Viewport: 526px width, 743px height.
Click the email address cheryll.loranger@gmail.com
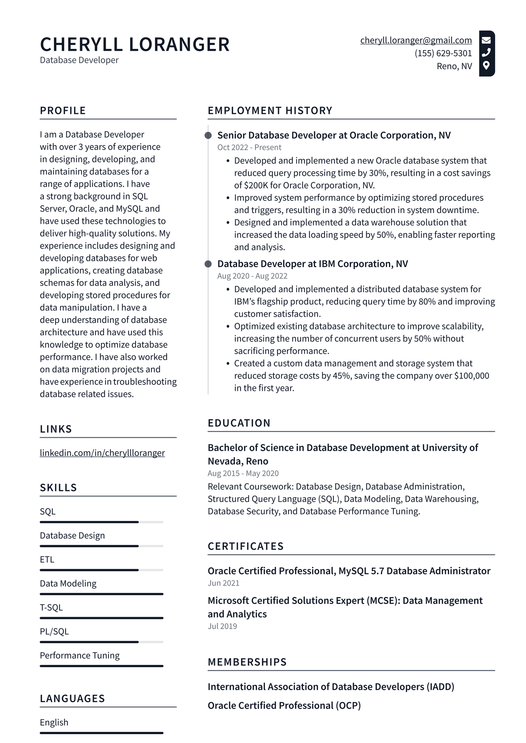click(x=416, y=40)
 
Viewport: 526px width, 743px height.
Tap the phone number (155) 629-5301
click(x=443, y=53)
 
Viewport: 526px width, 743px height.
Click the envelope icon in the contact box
click(x=486, y=40)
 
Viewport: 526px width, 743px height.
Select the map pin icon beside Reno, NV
click(x=486, y=65)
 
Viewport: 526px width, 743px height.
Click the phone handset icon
click(x=486, y=53)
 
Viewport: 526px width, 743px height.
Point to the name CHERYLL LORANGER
click(x=135, y=45)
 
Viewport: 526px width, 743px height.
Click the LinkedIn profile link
click(x=102, y=453)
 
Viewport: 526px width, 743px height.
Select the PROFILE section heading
click(x=63, y=110)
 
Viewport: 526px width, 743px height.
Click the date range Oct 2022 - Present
click(x=249, y=147)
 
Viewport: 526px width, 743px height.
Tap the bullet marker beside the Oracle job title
click(x=208, y=135)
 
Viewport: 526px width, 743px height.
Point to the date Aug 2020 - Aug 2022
click(x=252, y=276)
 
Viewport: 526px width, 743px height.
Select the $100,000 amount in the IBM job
click(x=471, y=376)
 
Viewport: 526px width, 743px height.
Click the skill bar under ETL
click(x=101, y=570)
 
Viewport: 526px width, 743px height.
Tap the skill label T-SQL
click(x=51, y=607)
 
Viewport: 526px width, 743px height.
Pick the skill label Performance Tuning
click(x=80, y=655)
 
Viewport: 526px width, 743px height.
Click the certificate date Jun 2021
click(x=223, y=583)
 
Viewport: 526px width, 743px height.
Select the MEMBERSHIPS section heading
click(x=247, y=662)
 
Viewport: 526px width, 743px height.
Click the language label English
click(x=54, y=722)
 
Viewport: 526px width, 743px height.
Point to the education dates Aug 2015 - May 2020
click(x=243, y=473)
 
